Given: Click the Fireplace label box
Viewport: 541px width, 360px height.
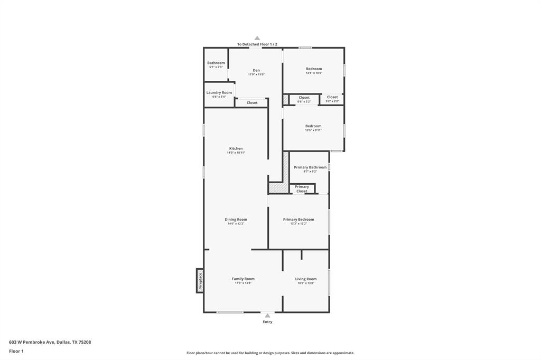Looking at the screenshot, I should point(200,280).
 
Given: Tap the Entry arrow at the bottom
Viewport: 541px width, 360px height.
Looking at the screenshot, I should point(267,316).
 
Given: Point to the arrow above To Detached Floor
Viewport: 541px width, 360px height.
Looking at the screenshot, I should point(257,38).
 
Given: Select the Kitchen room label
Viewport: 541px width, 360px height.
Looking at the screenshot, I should point(236,148).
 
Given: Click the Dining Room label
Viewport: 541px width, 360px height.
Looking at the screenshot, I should point(236,219).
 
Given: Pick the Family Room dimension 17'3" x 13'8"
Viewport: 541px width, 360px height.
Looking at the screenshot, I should point(243,283).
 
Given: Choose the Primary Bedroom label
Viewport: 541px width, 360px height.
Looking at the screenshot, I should point(299,219).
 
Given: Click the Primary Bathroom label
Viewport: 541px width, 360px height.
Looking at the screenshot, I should point(310,167).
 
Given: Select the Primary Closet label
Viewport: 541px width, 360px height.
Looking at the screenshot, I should point(302,188).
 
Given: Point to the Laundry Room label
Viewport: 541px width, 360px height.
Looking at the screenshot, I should point(219,92).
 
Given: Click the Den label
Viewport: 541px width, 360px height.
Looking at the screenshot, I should point(256,70).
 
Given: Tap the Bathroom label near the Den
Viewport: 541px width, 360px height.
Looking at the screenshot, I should point(216,63).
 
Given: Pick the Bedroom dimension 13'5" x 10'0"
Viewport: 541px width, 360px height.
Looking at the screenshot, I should point(314,73).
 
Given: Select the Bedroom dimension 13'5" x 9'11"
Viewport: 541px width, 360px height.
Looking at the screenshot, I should point(313,130).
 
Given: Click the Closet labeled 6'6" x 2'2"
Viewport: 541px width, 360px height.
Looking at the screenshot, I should point(304,99).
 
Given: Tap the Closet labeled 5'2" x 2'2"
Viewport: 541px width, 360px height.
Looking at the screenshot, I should point(332,98).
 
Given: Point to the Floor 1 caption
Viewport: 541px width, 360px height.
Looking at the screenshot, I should point(16,351).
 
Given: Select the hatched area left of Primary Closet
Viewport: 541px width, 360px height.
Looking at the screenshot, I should point(278,187).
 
